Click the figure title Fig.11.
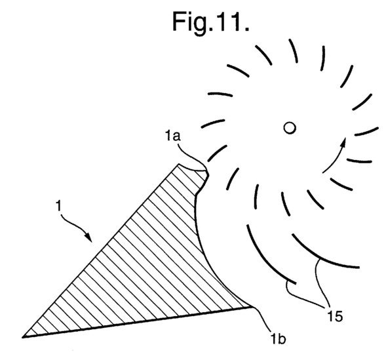click(210, 23)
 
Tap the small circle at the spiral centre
click(290, 128)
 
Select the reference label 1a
click(173, 136)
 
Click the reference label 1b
click(278, 338)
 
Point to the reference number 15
click(335, 316)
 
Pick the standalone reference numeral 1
click(58, 206)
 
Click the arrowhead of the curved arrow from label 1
click(88, 237)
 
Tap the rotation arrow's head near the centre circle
click(343, 143)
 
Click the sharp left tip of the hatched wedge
click(23, 337)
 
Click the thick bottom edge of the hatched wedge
click(137, 322)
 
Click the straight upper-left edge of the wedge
click(100, 250)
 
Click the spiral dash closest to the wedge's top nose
click(216, 153)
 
